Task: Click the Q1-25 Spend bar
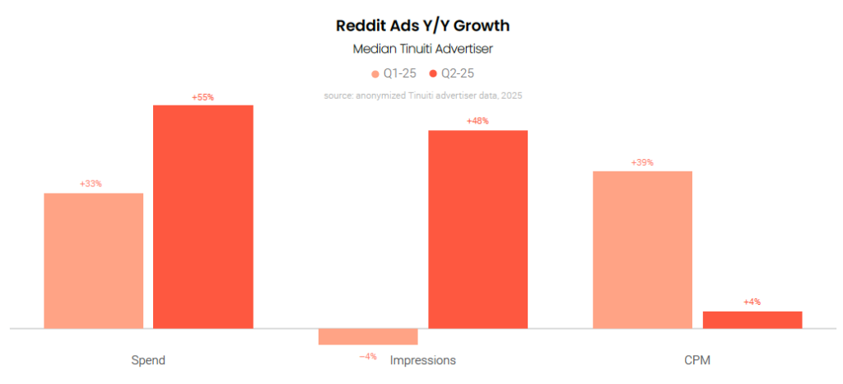[93, 260]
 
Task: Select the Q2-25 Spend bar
[203, 217]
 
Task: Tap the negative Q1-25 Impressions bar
[368, 336]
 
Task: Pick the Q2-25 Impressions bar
[477, 229]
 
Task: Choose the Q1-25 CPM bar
[642, 250]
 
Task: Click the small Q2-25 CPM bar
[752, 320]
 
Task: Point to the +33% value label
[91, 184]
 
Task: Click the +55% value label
[203, 97]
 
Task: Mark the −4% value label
[368, 356]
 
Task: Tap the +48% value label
[477, 121]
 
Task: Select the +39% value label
[642, 162]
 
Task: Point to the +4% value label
[752, 302]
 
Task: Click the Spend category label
[148, 360]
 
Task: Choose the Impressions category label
[423, 360]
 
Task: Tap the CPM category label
[697, 360]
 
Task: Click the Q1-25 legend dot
[375, 74]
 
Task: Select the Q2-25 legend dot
[433, 74]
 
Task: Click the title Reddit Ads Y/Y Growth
[421, 26]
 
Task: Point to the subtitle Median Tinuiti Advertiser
[421, 49]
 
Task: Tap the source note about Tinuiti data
[423, 96]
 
